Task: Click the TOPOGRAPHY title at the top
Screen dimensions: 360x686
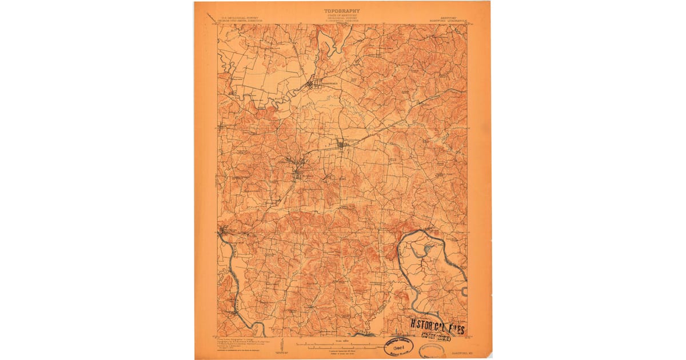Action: point(342,10)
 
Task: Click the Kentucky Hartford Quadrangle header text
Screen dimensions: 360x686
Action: point(441,19)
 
